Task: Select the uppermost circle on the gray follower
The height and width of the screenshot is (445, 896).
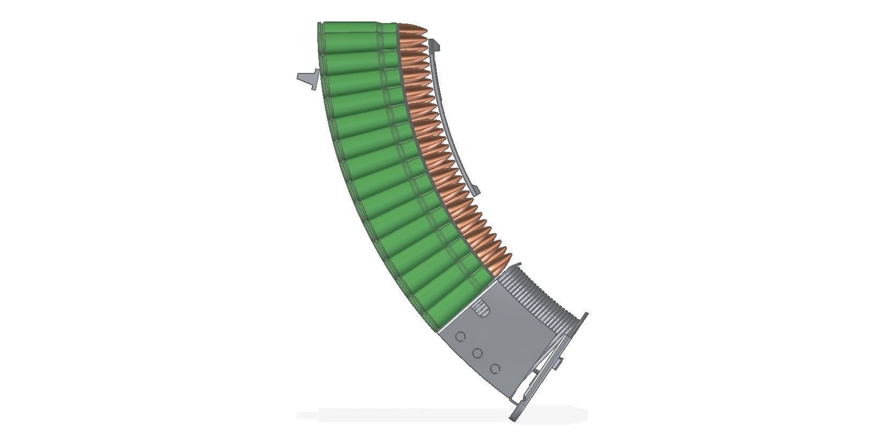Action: pyautogui.click(x=460, y=337)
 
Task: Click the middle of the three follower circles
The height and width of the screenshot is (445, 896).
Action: pyautogui.click(x=477, y=353)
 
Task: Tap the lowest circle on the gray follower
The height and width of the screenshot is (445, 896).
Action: pyautogui.click(x=495, y=369)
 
